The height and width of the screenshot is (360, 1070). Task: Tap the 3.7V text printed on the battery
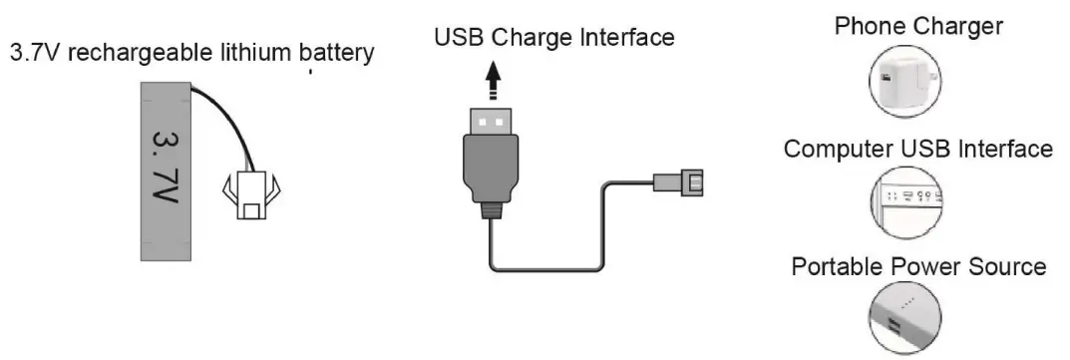coord(165,168)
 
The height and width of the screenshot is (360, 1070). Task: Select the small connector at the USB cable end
coord(683,182)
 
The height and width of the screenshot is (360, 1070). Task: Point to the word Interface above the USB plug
coord(625,39)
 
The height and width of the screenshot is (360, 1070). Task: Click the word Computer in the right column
coord(839,150)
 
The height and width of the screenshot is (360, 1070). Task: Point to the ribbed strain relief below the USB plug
coord(489,208)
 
